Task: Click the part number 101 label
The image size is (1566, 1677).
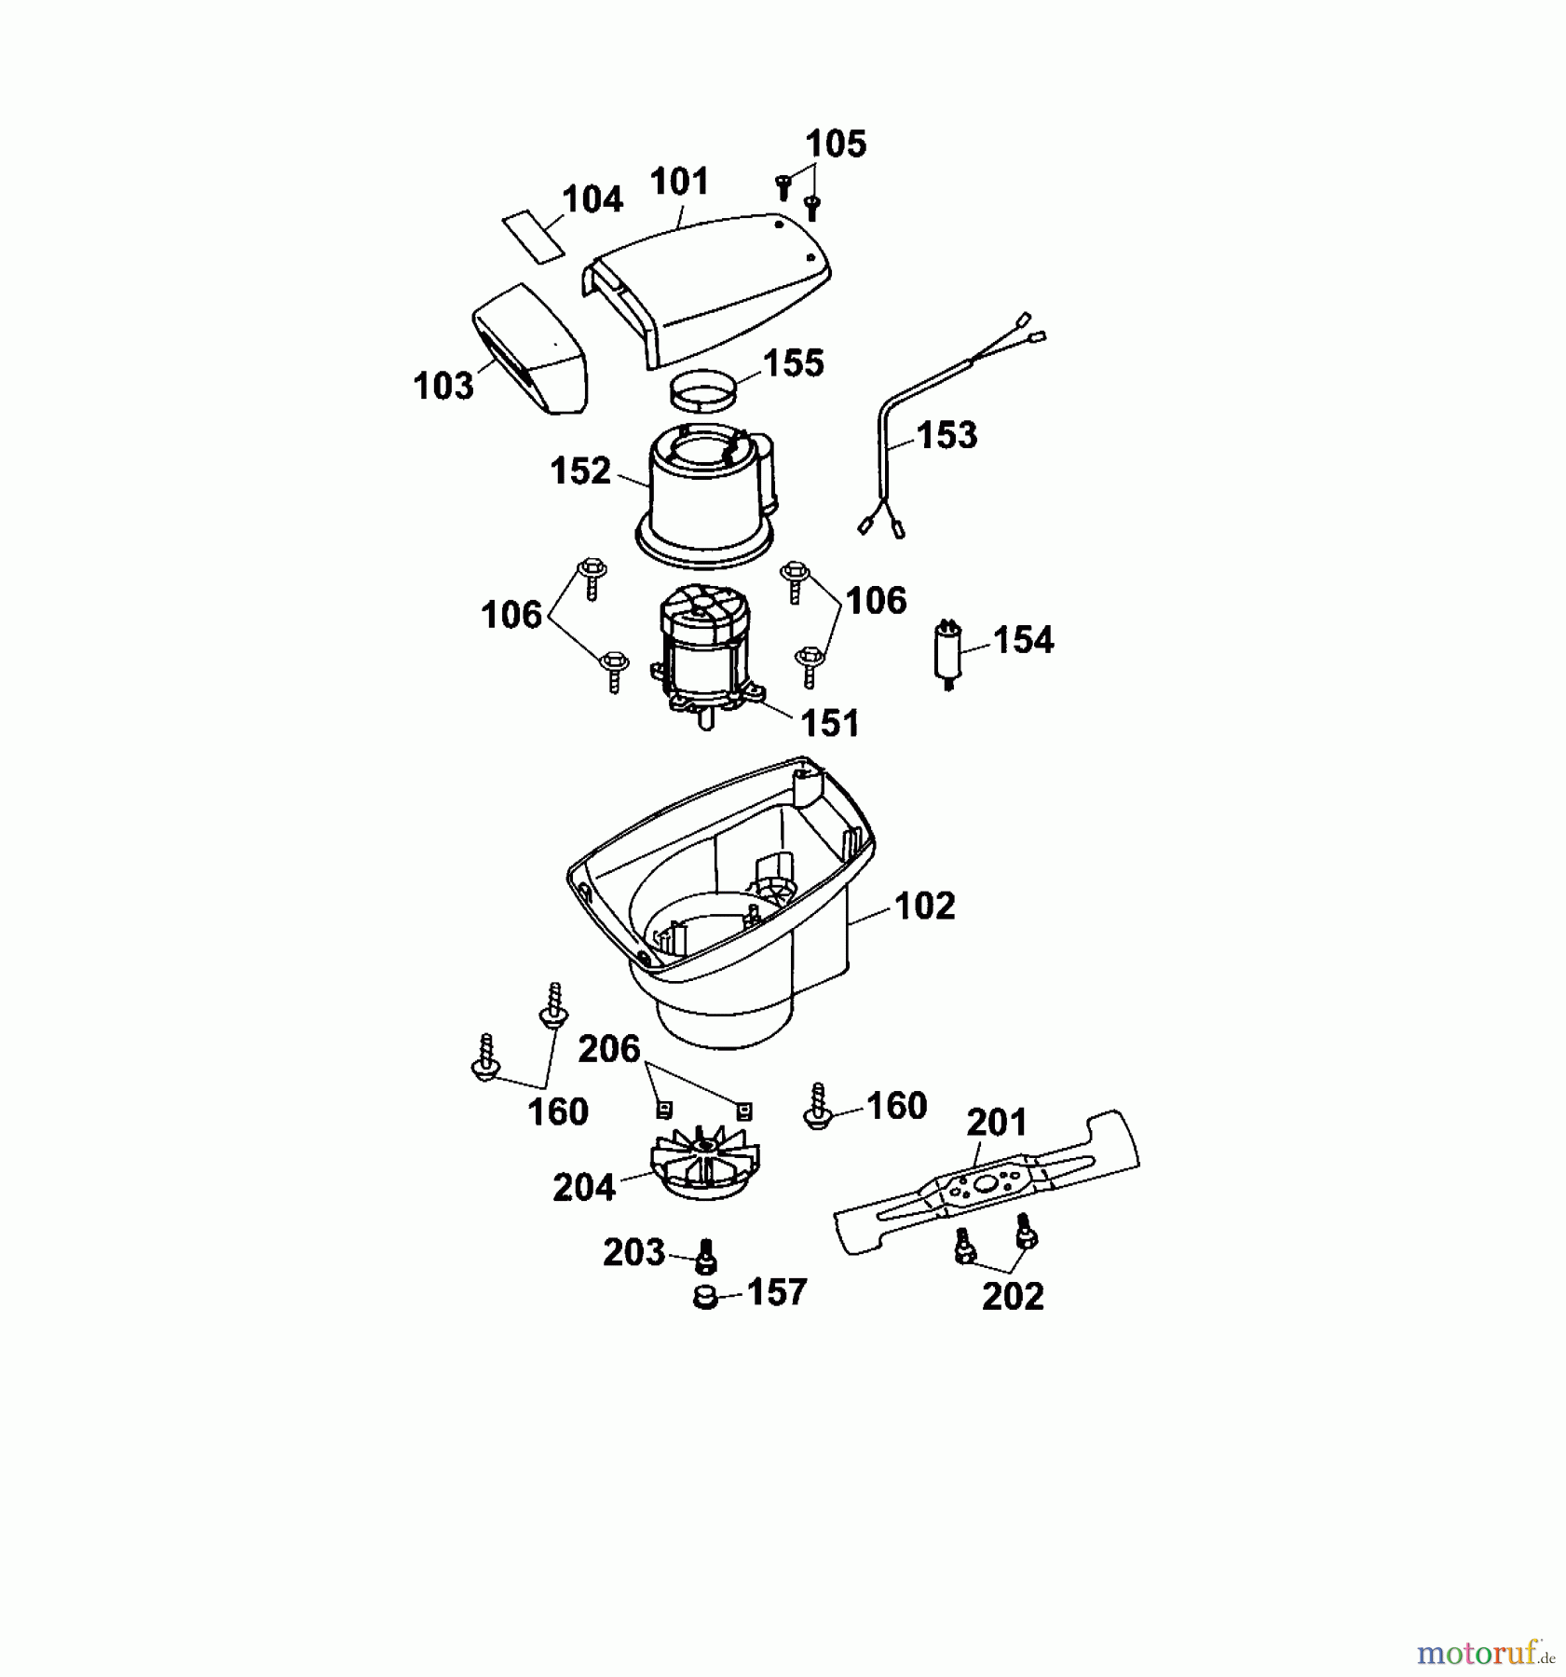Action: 680,182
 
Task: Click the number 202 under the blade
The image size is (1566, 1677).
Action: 1013,1297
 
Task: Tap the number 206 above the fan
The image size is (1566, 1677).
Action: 609,1049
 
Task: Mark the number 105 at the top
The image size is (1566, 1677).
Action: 836,144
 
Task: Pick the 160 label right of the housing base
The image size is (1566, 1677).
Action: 896,1106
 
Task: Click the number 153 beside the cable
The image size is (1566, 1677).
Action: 946,435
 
